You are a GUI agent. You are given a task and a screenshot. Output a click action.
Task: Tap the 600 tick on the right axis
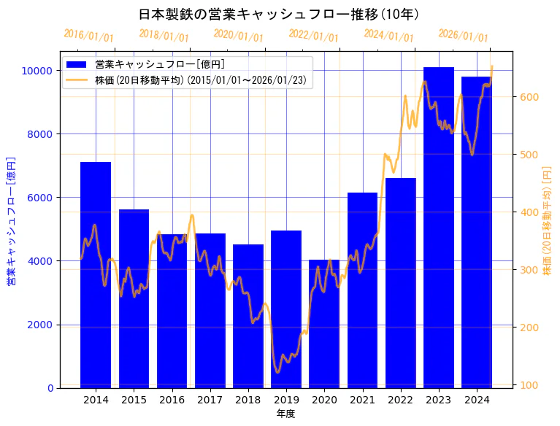point(529,97)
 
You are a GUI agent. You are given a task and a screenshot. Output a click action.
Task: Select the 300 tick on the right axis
point(529,270)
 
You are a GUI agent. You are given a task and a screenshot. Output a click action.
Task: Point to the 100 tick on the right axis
point(529,385)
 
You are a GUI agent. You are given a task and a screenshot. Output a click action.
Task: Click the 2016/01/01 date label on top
point(89,36)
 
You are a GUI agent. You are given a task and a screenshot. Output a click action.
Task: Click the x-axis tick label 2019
point(286,400)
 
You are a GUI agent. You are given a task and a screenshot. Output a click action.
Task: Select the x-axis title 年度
point(285,414)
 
